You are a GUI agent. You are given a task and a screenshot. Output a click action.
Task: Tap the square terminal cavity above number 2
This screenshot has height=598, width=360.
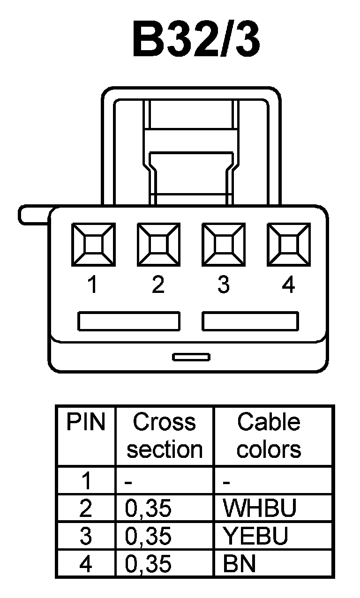coord(158,244)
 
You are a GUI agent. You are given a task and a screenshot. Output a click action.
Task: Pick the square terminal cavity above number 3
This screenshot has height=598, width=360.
coord(223,244)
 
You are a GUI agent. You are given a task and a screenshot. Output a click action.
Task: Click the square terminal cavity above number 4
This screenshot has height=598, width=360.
coord(288,244)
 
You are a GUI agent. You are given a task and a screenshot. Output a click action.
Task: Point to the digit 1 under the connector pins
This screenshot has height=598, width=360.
coord(93,284)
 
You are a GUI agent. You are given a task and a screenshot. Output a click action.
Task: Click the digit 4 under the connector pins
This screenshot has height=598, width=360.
coord(289,284)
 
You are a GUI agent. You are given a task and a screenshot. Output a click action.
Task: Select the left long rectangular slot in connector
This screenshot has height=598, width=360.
coord(129,321)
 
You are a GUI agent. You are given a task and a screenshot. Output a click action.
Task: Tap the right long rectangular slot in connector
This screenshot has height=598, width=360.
coord(250,321)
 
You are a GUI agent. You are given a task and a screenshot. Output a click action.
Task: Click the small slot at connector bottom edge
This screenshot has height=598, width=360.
coord(191,357)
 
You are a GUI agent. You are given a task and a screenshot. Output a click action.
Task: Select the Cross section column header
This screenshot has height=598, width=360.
coord(164,436)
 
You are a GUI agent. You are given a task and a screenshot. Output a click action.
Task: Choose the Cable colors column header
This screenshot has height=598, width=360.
coord(269,436)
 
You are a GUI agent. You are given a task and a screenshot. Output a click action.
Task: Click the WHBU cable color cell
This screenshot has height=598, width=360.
coord(260,508)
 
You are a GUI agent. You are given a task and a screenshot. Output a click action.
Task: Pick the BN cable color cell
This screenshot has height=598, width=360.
coord(240,564)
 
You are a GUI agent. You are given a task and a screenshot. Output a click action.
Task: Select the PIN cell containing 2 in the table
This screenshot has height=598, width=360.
coord(85,508)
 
